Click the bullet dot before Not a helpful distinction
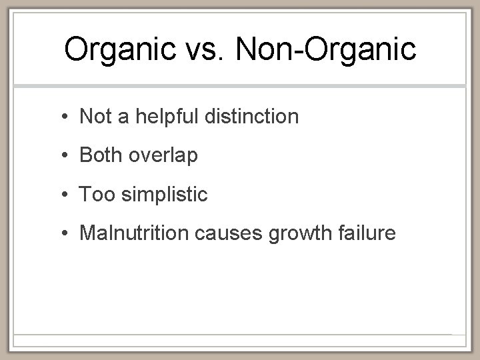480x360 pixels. (61, 117)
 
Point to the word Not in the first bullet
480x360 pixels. (94, 117)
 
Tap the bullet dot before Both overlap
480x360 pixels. (61, 156)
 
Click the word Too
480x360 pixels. (95, 194)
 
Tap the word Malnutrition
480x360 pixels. (133, 233)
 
